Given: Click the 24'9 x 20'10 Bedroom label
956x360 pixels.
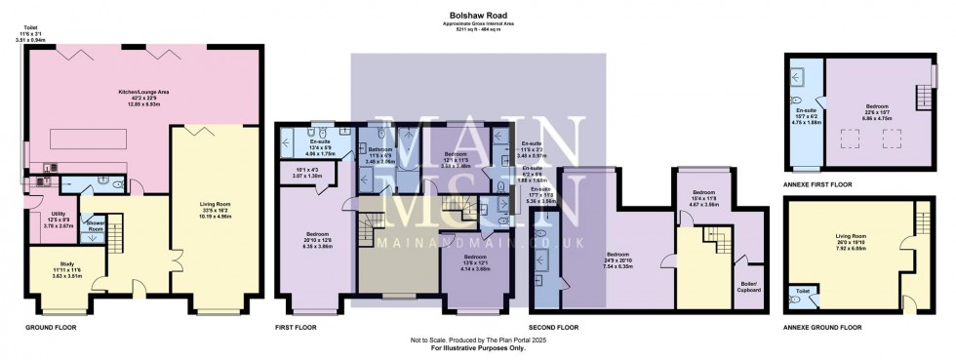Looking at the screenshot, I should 620,260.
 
